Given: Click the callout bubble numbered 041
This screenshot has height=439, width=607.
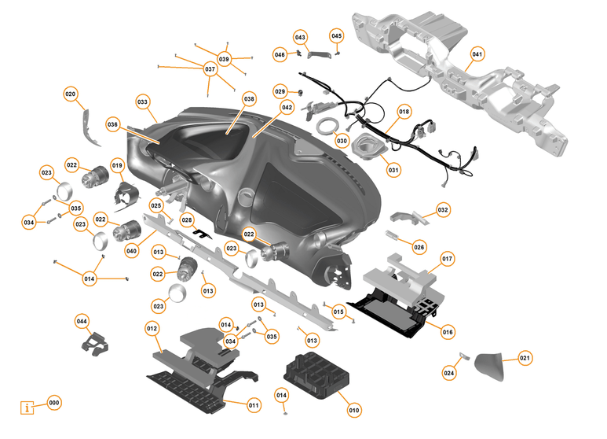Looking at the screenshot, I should [477, 54].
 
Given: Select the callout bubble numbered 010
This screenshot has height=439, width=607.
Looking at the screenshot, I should [353, 410].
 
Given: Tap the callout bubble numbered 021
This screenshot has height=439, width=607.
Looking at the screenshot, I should [525, 358].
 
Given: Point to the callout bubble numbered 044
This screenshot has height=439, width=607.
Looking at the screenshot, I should [82, 321].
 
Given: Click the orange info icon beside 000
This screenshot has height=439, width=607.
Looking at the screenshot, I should [29, 408].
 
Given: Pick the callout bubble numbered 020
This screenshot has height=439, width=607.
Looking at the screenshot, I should [71, 94].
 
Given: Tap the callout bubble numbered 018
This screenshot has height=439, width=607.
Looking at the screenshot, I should [404, 113].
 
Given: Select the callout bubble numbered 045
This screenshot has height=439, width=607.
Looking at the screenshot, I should [336, 36].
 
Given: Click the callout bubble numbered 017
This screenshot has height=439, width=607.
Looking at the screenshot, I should [447, 258].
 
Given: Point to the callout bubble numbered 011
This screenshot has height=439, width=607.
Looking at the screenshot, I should [254, 405].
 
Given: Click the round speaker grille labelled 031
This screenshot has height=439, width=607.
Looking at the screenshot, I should [367, 147].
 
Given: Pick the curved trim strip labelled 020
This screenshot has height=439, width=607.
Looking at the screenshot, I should [91, 127].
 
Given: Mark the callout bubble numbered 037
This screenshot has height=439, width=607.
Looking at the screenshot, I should [210, 69].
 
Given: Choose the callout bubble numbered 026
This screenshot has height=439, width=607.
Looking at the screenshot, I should [419, 247].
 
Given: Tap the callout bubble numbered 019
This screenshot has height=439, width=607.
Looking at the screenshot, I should [118, 166].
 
